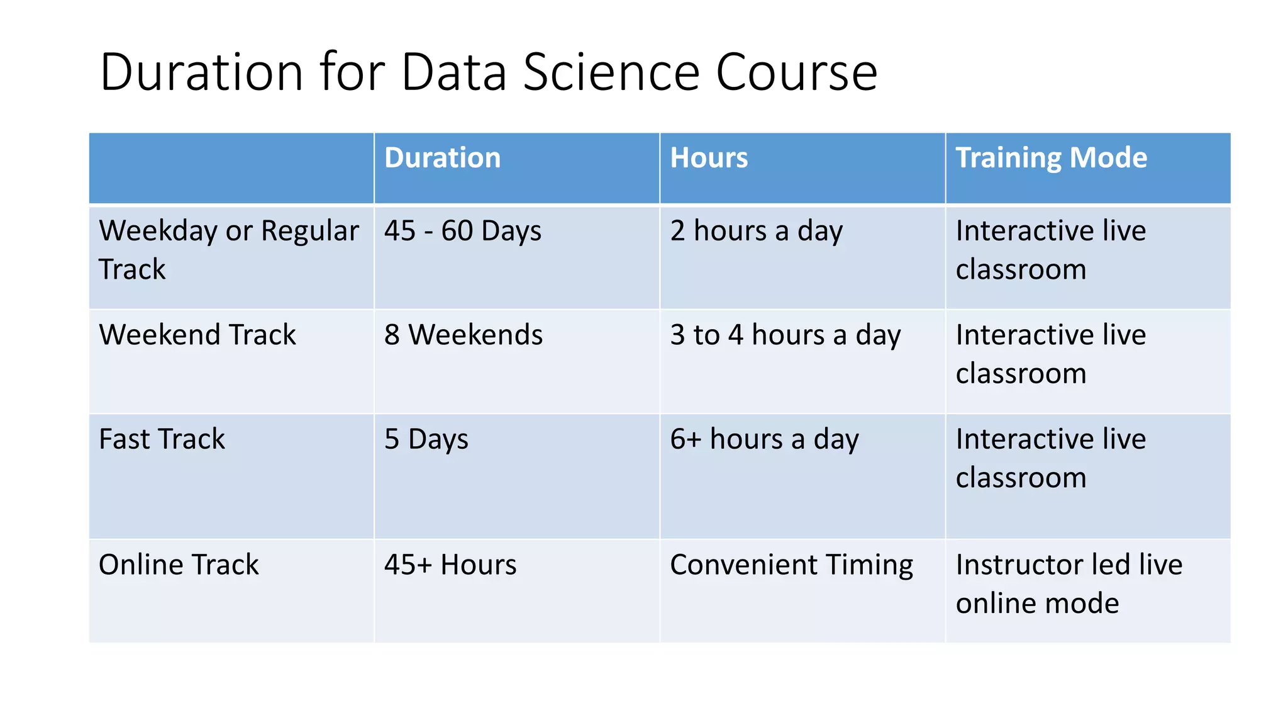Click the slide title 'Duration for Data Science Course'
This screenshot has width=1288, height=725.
pos(488,72)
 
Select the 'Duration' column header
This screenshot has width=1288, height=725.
pos(442,158)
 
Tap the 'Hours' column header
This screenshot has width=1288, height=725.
pos(709,158)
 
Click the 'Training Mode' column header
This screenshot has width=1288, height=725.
pos(1051,158)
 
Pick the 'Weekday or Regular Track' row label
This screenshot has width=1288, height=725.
pos(228,250)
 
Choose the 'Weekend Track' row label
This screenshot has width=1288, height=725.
pos(197,335)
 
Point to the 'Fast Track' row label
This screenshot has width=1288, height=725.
pos(162,439)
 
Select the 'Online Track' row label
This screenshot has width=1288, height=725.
pos(179,565)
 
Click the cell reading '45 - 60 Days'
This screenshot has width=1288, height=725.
pos(462,231)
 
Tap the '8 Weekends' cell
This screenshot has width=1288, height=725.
pos(464,335)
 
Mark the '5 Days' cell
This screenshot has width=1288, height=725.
pos(426,439)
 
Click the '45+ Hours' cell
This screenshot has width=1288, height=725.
pos(450,565)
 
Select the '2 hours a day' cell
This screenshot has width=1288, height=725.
pos(756,231)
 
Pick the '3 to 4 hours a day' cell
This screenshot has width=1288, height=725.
pos(785,335)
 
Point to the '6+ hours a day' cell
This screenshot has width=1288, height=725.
pos(764,439)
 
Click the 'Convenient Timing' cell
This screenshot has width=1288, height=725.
pos(791,565)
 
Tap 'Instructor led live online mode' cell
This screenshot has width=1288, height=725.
pos(1069,583)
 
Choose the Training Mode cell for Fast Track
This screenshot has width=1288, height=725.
pos(1050,458)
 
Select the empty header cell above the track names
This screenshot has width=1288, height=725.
pos(231,168)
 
